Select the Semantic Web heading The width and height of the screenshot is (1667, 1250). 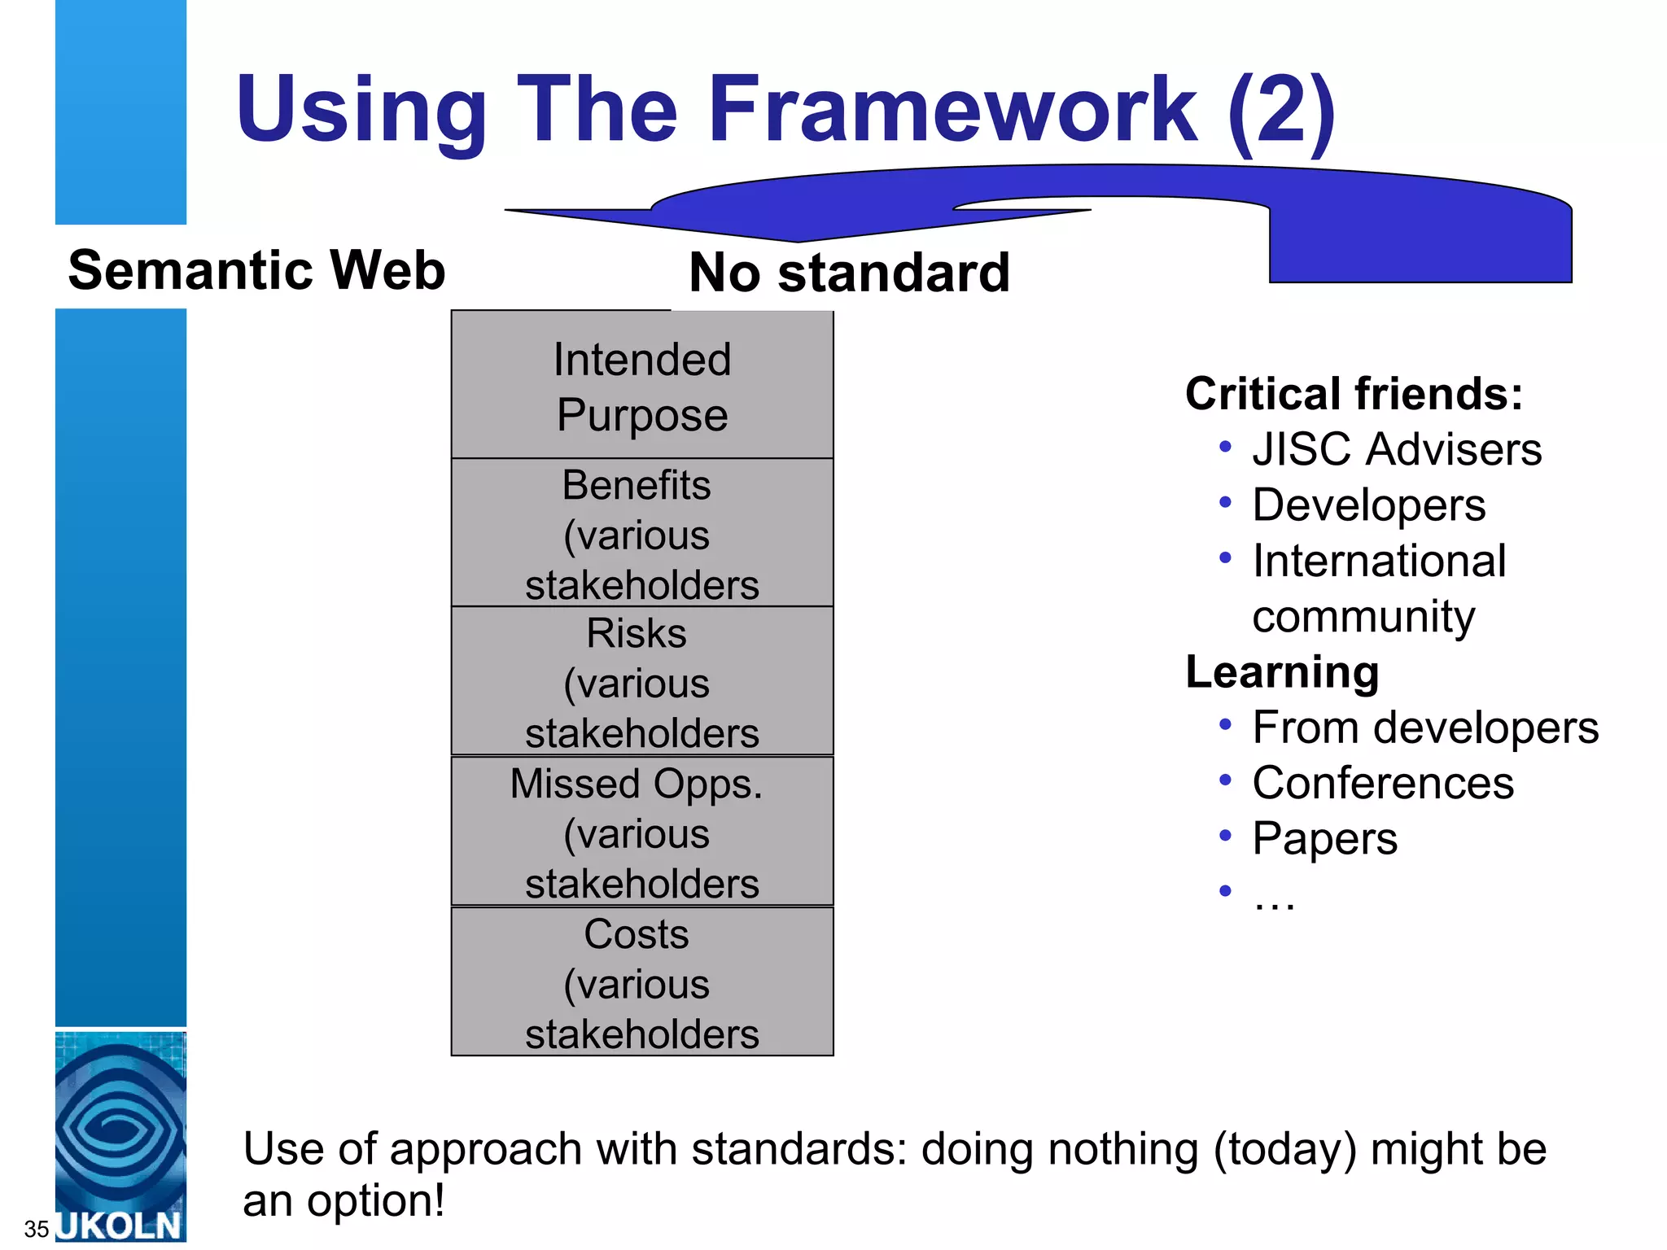(256, 270)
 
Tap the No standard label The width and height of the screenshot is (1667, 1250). (849, 273)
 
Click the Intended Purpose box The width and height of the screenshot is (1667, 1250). (642, 387)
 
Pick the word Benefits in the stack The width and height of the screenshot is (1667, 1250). (637, 486)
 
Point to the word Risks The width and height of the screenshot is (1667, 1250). (637, 634)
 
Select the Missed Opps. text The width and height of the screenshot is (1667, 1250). (637, 785)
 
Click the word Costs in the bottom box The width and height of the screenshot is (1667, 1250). (637, 934)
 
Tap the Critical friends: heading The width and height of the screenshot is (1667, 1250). (1354, 394)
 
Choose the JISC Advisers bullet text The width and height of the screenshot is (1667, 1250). (1397, 449)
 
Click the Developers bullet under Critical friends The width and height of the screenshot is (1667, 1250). (1369, 505)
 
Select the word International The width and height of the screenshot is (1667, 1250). (1379, 561)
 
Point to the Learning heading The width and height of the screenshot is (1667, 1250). (1282, 672)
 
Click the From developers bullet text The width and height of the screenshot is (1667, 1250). (1425, 728)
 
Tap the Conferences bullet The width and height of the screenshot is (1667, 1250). (1383, 783)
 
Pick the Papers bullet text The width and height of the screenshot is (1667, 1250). (1324, 839)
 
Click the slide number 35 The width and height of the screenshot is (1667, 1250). (37, 1229)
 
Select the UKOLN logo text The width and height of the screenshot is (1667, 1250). (120, 1226)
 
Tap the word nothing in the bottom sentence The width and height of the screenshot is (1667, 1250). (1122, 1150)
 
